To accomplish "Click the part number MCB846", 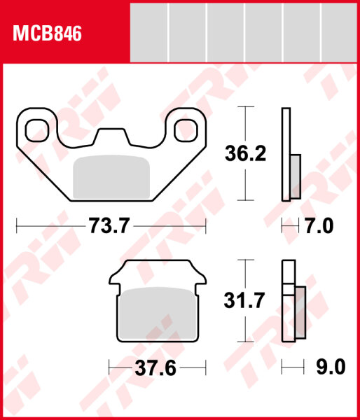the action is click(x=47, y=33).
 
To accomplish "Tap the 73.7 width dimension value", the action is click(x=109, y=225).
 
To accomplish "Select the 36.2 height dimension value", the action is click(x=245, y=153).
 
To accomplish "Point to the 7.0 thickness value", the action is click(x=319, y=226).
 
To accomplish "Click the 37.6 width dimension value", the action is click(x=155, y=367).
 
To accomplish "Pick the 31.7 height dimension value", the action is click(x=244, y=300).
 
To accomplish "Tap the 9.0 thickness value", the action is click(x=331, y=367).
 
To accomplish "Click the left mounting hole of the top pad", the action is click(x=37, y=130).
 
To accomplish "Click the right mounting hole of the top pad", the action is click(x=186, y=130).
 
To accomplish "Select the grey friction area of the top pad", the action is click(x=111, y=177).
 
